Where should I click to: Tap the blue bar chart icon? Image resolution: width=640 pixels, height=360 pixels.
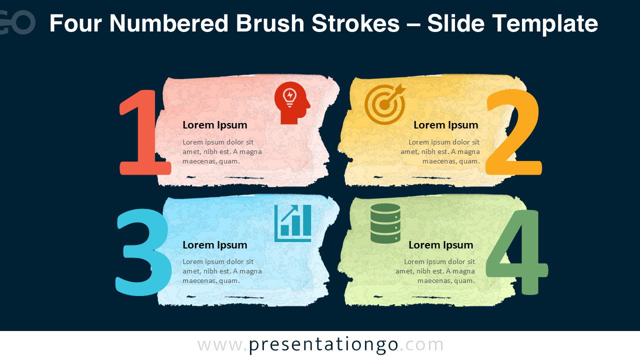tap(293, 223)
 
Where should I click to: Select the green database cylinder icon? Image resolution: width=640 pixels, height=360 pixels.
tap(385, 223)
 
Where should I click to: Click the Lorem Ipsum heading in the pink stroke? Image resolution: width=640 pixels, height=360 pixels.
tap(214, 125)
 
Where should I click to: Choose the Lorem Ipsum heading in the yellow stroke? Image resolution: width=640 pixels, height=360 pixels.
tap(445, 125)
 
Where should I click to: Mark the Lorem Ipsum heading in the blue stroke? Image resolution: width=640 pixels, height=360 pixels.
tap(214, 245)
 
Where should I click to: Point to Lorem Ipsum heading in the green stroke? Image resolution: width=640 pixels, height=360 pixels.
tap(440, 245)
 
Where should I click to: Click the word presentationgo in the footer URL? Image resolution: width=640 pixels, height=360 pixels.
tap(323, 345)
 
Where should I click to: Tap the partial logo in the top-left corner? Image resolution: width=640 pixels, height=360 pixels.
tap(17, 22)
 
